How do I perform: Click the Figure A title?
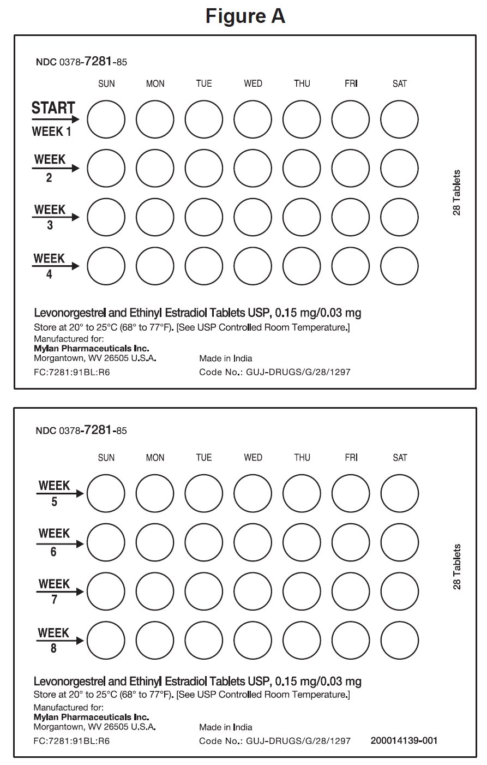(245, 16)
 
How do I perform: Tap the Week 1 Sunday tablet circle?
(106, 119)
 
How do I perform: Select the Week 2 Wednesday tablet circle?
(253, 168)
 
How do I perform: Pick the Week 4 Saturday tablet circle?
(400, 267)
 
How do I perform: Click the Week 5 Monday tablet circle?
(155, 494)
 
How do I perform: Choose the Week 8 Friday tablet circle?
(351, 641)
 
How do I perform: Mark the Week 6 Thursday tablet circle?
(302, 543)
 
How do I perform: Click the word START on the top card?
(53, 107)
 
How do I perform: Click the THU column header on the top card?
(302, 83)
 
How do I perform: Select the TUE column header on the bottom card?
(204, 457)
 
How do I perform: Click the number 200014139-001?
(404, 740)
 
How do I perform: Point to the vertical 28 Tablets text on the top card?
(457, 193)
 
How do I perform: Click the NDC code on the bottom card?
(81, 431)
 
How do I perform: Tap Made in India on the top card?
(226, 359)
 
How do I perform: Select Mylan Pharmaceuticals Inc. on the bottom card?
(91, 717)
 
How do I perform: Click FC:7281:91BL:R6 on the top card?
(72, 372)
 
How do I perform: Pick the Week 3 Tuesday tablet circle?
(204, 217)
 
